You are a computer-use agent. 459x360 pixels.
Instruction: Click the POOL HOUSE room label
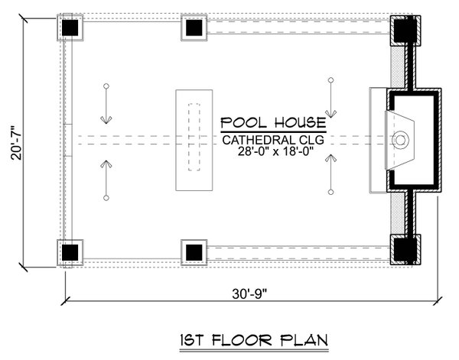coord(273,123)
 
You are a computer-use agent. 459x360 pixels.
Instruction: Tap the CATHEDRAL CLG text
coord(273,140)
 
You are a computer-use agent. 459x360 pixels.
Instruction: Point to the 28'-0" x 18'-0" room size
coord(273,153)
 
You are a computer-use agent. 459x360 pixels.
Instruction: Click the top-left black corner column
coord(71,28)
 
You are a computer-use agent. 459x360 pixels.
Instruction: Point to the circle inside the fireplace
coord(399,139)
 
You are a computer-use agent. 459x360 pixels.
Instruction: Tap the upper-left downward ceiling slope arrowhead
coord(106,119)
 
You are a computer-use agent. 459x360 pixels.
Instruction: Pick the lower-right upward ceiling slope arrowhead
coord(330,158)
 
